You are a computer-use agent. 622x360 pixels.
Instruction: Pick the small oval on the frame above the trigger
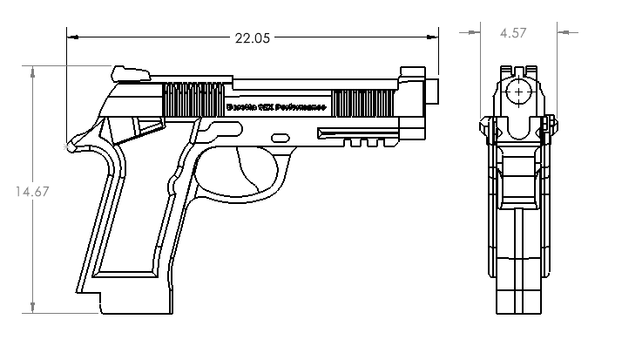281,137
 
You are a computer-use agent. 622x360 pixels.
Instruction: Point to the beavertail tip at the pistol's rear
71,147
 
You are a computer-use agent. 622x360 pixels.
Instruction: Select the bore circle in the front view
519,91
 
